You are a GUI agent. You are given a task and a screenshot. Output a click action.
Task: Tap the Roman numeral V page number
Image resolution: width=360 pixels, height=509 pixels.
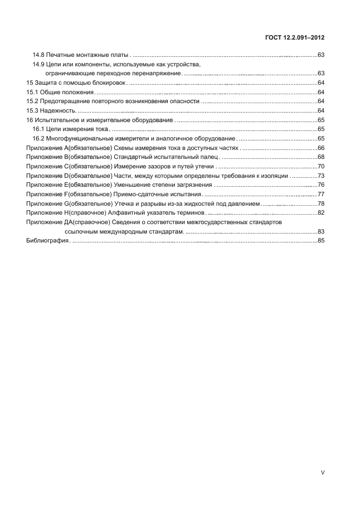tap(322, 472)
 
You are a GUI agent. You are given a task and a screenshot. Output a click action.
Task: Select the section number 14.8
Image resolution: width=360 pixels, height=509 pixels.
tap(38, 55)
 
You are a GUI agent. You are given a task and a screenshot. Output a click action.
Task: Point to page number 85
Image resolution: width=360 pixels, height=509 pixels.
tap(320, 240)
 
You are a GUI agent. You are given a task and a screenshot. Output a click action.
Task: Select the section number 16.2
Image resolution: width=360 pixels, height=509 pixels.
tap(38, 138)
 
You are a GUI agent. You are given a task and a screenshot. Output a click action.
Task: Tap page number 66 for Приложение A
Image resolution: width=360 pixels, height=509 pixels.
tap(320, 148)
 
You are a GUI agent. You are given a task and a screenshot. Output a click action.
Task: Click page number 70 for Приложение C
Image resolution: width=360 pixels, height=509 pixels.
tap(320, 166)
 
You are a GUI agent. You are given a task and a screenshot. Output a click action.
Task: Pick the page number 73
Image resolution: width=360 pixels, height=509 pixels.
tap(320, 176)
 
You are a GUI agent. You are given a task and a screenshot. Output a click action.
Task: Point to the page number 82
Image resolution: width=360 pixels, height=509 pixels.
tap(320, 212)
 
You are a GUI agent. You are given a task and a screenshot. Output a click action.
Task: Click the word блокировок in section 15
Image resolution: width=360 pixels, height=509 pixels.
tap(111, 83)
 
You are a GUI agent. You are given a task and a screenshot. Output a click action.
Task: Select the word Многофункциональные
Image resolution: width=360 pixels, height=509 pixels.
tap(80, 138)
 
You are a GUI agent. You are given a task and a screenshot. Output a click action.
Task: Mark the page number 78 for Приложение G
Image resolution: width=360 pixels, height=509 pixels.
tap(320, 203)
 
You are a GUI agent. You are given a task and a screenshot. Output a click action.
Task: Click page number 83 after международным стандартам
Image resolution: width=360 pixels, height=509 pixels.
tap(320, 231)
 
